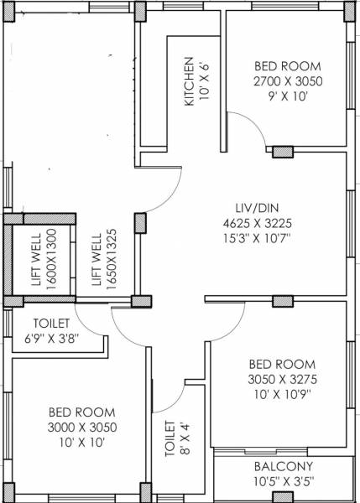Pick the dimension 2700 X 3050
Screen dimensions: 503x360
[288, 81]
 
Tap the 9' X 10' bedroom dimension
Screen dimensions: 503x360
[288, 96]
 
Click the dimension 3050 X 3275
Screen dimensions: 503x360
[282, 379]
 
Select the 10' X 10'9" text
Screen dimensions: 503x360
[282, 394]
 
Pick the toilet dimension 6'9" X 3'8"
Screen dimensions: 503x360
[52, 339]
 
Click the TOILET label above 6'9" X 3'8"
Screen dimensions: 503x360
[52, 324]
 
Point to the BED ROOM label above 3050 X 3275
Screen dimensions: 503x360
[282, 364]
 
